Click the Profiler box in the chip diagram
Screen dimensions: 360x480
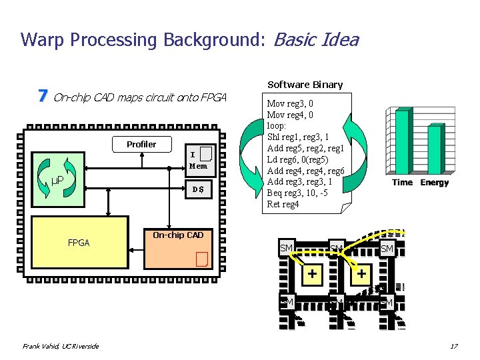141,144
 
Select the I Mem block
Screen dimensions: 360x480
198,161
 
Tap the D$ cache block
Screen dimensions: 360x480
198,190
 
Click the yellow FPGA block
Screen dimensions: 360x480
78,243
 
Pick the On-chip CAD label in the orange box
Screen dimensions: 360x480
178,235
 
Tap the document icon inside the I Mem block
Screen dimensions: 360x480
206,154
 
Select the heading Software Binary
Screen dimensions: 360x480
305,85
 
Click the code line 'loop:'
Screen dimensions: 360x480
277,125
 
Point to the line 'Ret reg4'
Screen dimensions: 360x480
283,204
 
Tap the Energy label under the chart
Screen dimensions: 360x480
434,183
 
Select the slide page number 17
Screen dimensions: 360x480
453,346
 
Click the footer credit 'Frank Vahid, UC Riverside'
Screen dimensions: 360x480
61,346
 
